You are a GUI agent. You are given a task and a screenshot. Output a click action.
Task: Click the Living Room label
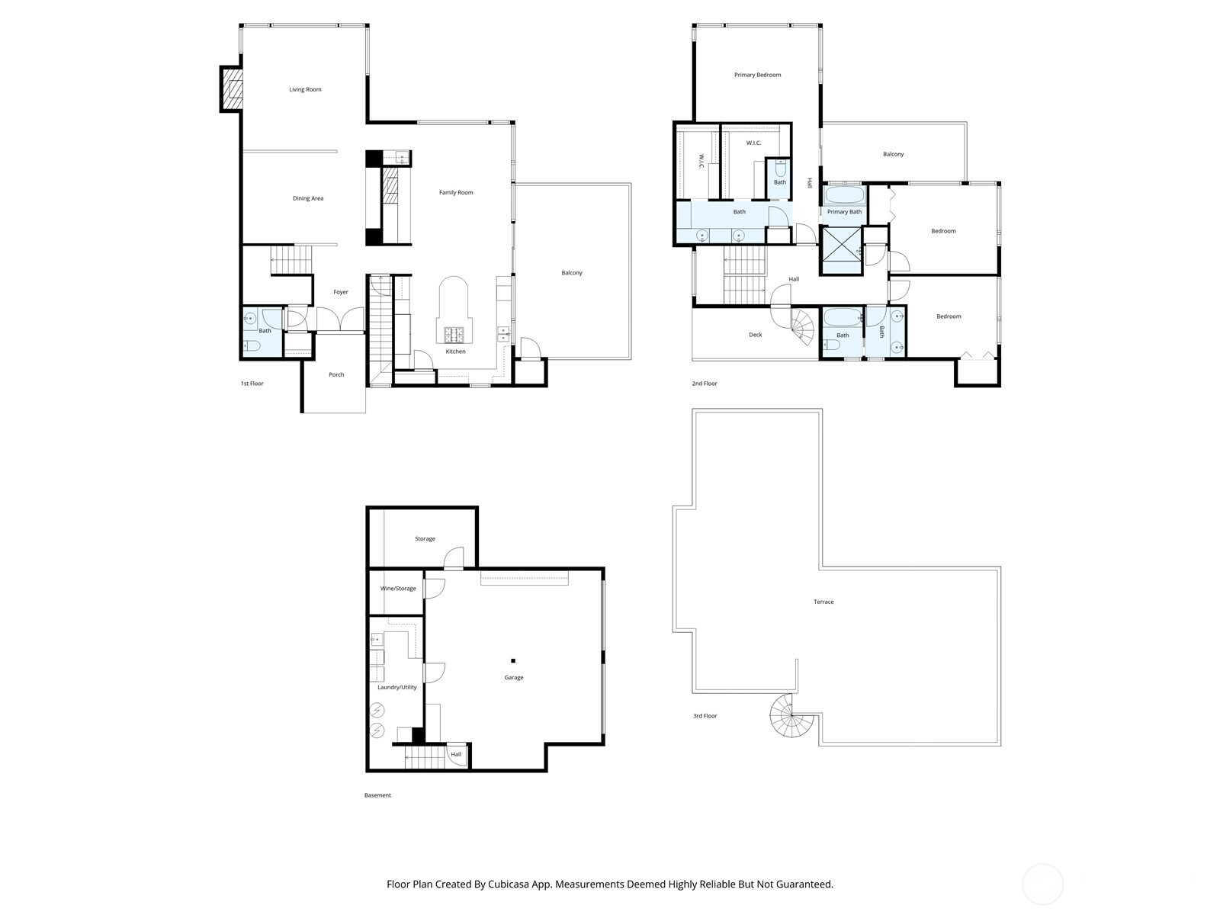(305, 90)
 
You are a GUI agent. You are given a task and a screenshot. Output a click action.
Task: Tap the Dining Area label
(308, 199)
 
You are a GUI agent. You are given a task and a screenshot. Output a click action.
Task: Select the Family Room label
(456, 193)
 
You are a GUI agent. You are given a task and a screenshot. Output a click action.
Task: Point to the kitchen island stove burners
(455, 334)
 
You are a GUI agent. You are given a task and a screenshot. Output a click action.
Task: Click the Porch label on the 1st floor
(336, 374)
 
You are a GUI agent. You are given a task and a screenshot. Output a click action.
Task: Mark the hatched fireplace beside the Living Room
(232, 89)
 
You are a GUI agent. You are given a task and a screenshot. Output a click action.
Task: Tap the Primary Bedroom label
(757, 75)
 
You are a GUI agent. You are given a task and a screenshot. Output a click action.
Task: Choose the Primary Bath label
(844, 212)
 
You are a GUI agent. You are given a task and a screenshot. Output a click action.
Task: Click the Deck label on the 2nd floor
(755, 335)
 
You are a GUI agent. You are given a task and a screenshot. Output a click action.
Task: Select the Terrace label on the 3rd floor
(823, 602)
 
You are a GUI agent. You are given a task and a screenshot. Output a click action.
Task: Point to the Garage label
(514, 678)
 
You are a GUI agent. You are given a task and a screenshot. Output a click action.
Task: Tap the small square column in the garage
(513, 660)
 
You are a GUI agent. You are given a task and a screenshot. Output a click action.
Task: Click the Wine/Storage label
(398, 589)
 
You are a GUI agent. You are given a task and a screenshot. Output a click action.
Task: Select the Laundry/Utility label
(397, 688)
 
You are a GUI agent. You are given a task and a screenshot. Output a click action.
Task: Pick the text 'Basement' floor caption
(377, 795)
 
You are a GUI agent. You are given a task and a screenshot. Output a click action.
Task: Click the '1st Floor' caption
(252, 384)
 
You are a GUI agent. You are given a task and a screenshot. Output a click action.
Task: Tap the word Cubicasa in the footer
(517, 884)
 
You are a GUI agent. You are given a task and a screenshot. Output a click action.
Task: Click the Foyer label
(340, 293)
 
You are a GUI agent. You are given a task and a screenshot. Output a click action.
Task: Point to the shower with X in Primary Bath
(841, 251)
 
